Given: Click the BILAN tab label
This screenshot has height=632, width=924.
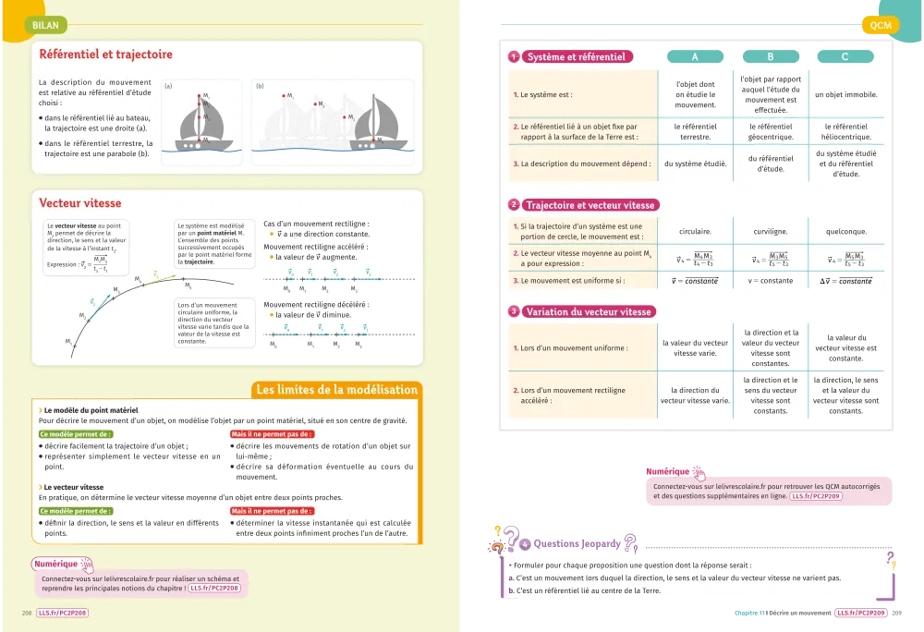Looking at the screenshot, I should point(45,26).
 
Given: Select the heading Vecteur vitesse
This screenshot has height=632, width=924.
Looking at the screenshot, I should point(80,203).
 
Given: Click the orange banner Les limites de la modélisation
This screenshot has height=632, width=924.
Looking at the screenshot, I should point(336,390).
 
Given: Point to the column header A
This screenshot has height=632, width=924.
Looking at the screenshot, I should point(695,57).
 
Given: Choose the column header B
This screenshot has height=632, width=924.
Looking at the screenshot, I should point(770,57).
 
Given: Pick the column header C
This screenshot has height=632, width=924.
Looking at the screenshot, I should point(845,57).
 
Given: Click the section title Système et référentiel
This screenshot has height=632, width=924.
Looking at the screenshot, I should point(575,57).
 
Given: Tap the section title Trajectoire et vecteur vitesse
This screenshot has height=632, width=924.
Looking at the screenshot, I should point(590,205).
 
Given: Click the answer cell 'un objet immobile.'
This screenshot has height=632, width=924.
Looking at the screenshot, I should point(845,94).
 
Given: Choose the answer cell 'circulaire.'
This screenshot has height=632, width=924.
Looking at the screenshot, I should point(695,232).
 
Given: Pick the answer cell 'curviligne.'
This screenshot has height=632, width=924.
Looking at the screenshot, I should point(770,232).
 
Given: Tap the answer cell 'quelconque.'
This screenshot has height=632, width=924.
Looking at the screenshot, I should point(845,232).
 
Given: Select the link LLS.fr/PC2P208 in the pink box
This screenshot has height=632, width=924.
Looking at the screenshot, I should point(214,588).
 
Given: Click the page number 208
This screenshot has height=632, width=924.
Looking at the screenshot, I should point(27,612).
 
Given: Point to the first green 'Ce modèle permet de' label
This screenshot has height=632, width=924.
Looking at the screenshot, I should point(69,433).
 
